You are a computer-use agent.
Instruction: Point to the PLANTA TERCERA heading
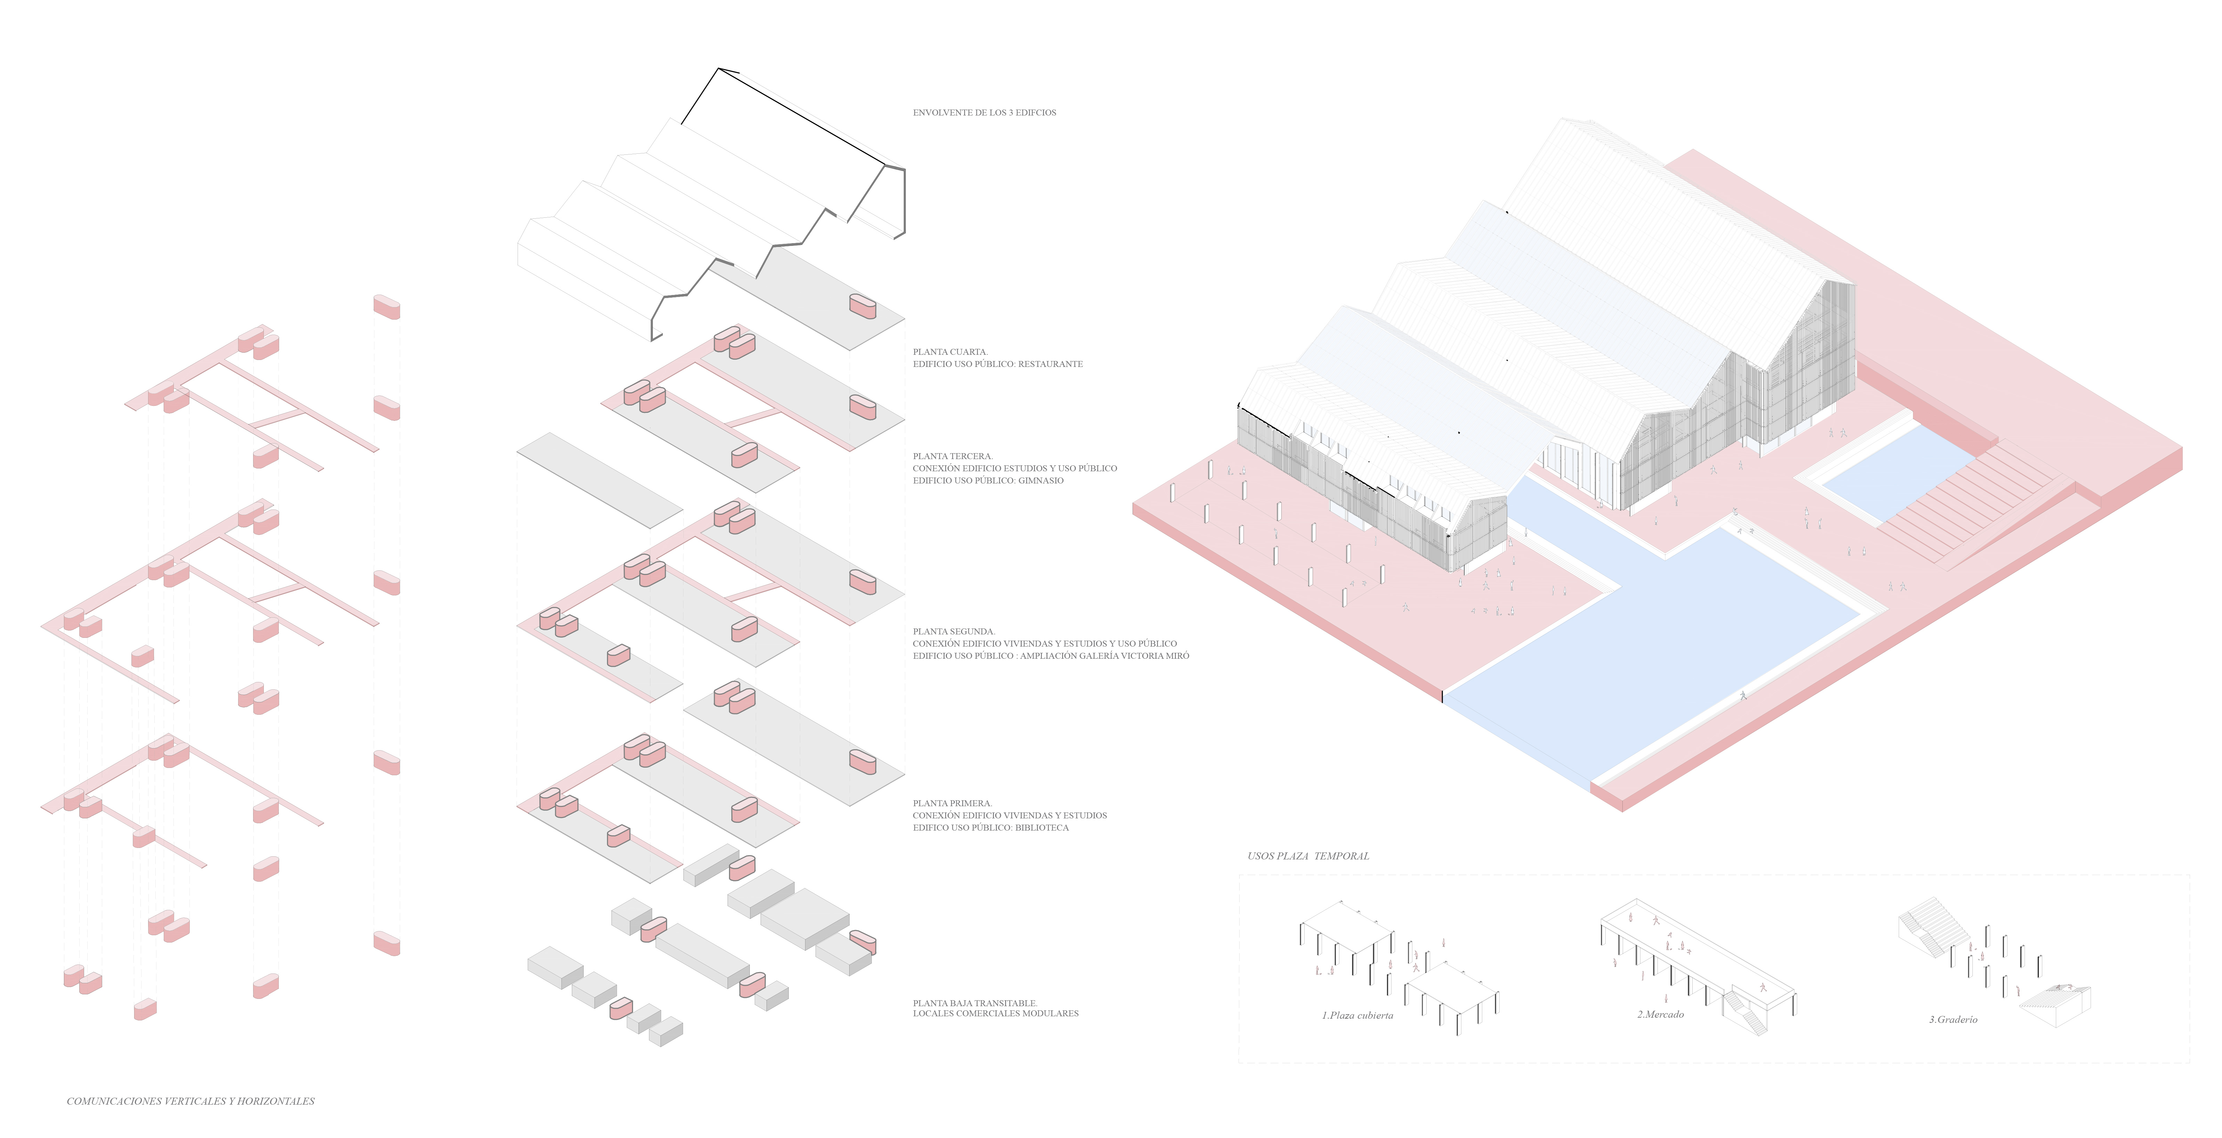tap(952, 456)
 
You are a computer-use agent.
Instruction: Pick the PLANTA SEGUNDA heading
tap(953, 632)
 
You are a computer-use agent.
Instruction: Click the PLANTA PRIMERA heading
tap(952, 803)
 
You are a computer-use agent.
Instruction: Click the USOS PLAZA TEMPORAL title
tap(1308, 856)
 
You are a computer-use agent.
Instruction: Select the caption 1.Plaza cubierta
tap(1357, 1016)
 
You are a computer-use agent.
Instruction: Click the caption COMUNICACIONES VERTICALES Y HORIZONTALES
tap(190, 1101)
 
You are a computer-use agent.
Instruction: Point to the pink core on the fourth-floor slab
tap(862, 306)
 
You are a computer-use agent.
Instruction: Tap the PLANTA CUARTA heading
tap(950, 352)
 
